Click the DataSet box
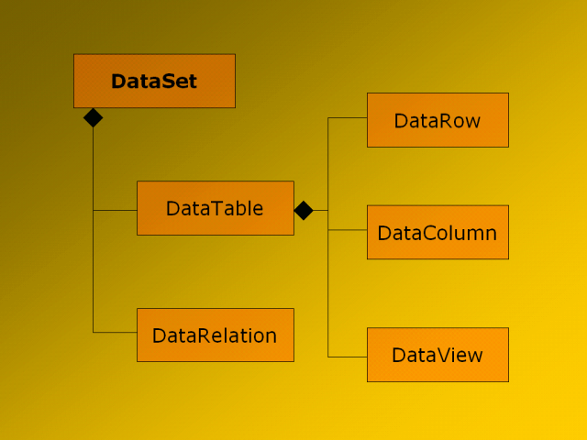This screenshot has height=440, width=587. pos(155,81)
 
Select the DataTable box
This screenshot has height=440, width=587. pos(216,208)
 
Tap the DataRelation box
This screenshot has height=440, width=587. pos(216,335)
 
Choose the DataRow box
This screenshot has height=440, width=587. pos(438,120)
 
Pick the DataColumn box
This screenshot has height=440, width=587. pos(438,232)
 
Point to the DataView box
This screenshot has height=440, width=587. pos(438,355)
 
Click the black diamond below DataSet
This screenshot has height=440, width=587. pos(94,118)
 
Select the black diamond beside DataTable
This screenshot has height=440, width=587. pos(304,210)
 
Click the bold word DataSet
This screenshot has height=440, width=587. pos(154,82)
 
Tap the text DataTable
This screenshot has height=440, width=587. pos(215,208)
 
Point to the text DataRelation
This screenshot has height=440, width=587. pos(215,335)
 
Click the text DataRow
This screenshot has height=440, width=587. pos(437,121)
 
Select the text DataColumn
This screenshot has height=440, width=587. pos(437,233)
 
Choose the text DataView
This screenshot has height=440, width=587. pos(437,355)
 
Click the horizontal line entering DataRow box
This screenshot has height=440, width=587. pos(348,118)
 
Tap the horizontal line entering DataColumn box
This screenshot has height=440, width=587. pos(348,230)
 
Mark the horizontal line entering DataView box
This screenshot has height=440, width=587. pos(348,357)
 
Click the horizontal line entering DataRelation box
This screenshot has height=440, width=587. pos(115,332)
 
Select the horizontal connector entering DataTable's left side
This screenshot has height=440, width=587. pos(115,210)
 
